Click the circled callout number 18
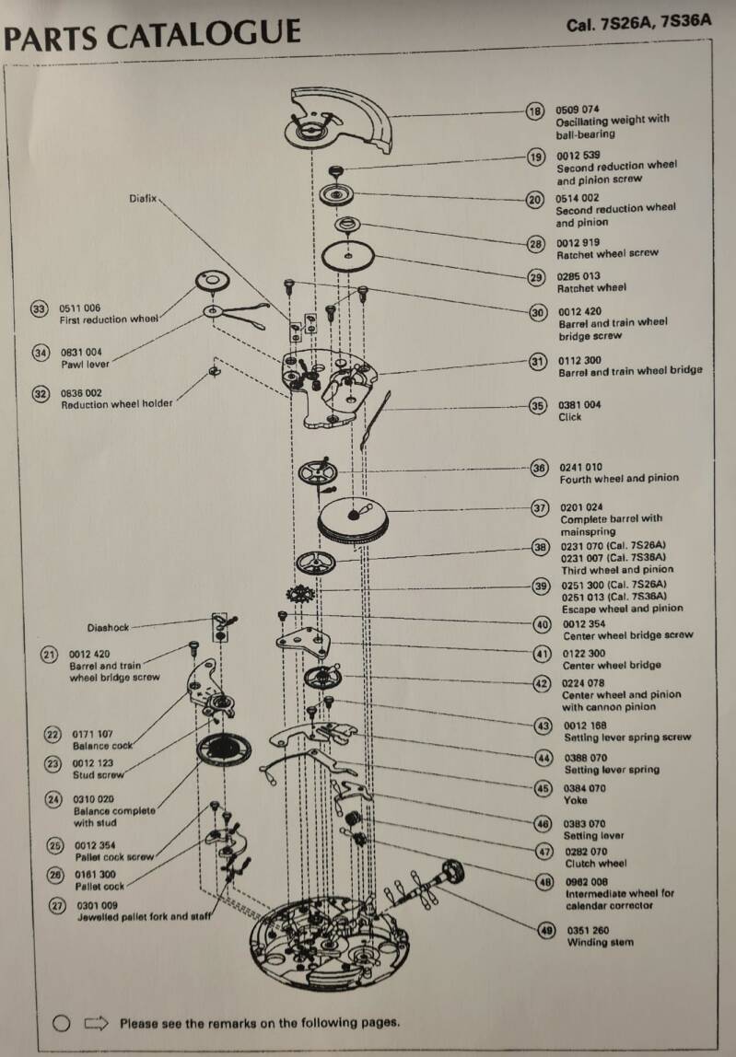point(535,111)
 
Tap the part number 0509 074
point(577,109)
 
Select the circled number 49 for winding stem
point(546,930)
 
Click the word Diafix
point(144,198)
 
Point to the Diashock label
point(109,628)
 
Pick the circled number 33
point(39,309)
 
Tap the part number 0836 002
point(81,392)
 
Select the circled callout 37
point(541,508)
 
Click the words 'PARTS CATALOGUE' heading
point(153,35)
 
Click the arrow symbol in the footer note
point(96,1022)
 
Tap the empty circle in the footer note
point(62,1022)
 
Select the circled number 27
point(56,906)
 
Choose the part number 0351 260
point(587,930)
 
